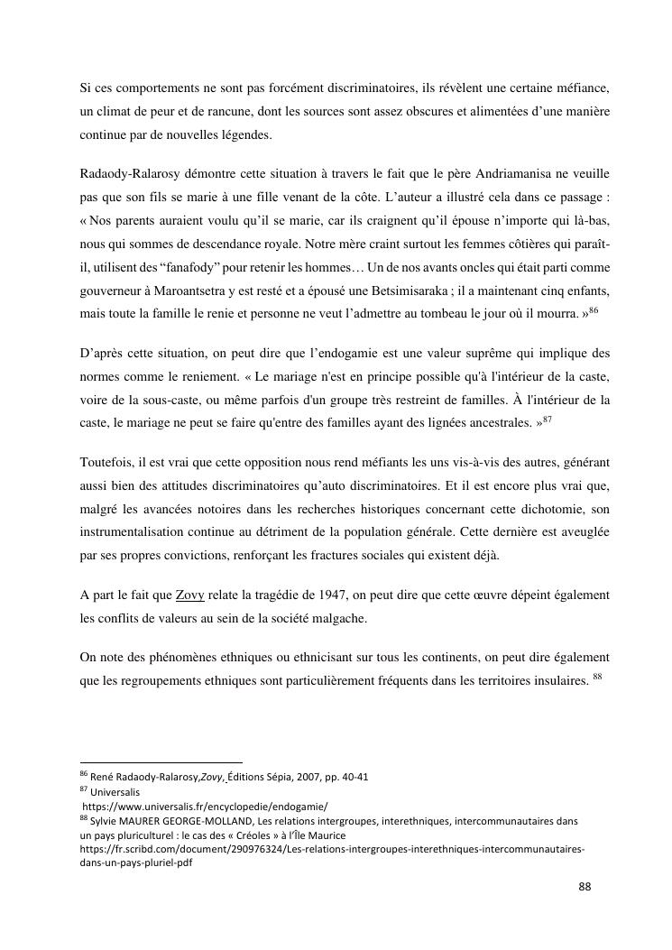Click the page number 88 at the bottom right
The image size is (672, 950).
(585, 886)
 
